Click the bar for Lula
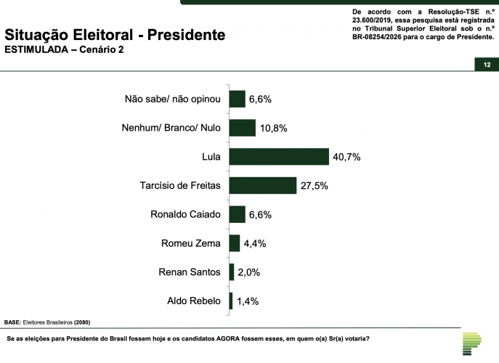279,157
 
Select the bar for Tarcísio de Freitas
263,186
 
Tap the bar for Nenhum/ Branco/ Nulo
242,128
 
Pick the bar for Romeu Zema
234,243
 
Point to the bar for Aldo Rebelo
230,301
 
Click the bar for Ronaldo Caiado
237,214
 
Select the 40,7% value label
347,158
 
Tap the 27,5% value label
314,187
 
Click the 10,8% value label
273,129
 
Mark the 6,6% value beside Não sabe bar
261,99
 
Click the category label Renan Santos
189,272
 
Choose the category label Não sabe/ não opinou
172,99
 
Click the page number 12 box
486,65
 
